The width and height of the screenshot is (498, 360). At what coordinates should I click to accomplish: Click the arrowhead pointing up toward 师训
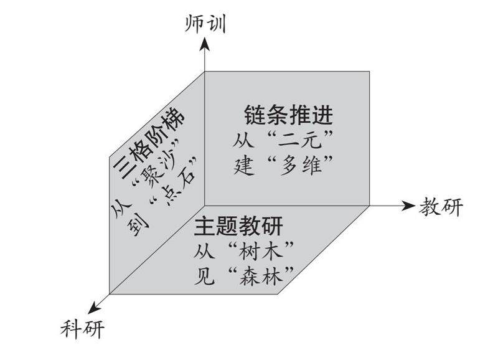[x=206, y=44]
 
